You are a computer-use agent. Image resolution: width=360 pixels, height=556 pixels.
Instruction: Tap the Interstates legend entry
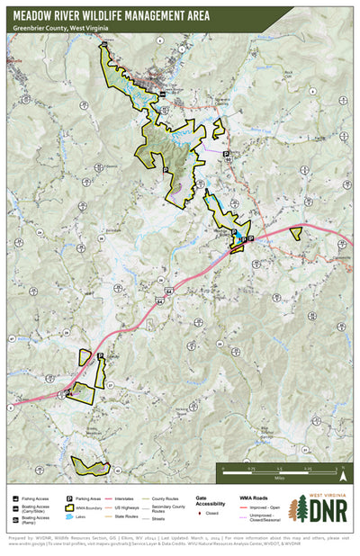pyautogui.click(x=126, y=497)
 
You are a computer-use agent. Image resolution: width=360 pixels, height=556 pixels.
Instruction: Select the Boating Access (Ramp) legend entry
pyautogui.click(x=31, y=520)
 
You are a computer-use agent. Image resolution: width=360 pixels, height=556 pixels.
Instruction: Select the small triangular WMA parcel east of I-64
pyautogui.click(x=296, y=231)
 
